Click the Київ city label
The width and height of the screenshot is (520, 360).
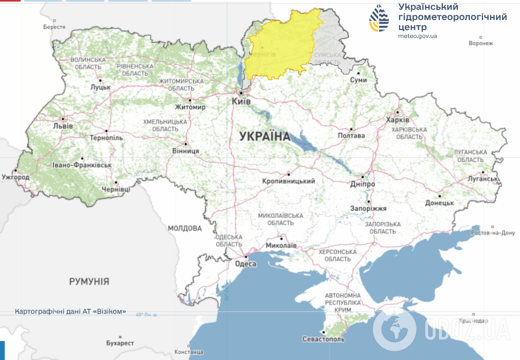click(242, 100)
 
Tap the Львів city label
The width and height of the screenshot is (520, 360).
click(63, 127)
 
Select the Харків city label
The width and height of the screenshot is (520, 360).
click(398, 120)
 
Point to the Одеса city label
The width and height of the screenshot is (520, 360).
click(245, 264)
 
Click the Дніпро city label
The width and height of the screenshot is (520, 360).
click(363, 184)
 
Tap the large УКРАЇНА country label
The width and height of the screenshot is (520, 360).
click(264, 137)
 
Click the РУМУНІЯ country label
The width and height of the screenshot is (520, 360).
click(89, 281)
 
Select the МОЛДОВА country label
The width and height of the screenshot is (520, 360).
click(185, 229)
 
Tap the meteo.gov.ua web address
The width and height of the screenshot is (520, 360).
click(418, 36)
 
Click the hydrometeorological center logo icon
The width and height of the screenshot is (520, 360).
click(379, 19)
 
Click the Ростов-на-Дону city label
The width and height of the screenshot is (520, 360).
click(493, 233)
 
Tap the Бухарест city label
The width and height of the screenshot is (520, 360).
click(120, 343)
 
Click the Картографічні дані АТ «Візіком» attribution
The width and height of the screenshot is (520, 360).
click(71, 311)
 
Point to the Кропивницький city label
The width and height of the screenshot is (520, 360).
click(288, 181)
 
